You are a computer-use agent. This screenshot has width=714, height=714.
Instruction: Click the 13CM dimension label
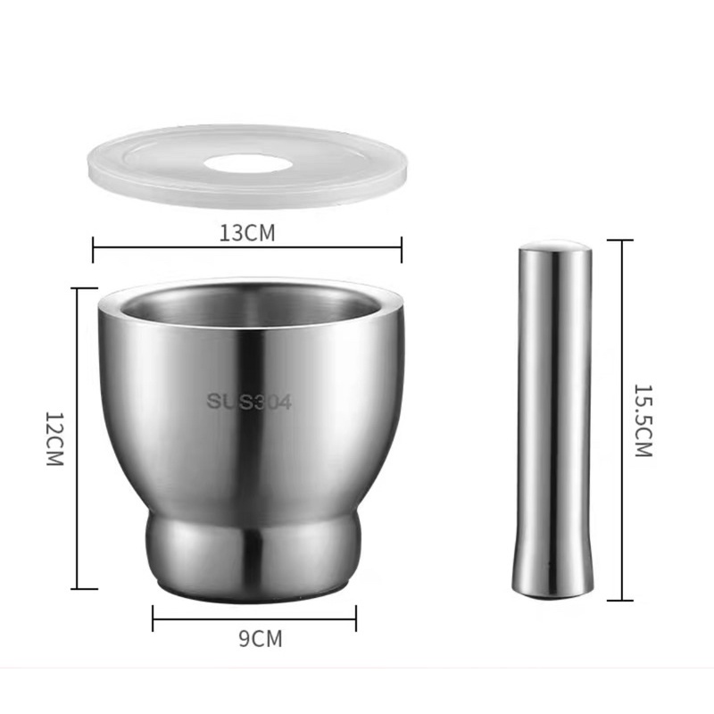point(247,233)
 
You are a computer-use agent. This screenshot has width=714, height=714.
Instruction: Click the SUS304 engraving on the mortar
point(249,402)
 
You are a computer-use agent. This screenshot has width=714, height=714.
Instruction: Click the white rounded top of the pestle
point(554,245)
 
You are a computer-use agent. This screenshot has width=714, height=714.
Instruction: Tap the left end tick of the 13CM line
point(93,249)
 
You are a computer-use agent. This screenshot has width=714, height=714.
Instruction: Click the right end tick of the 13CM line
point(402,249)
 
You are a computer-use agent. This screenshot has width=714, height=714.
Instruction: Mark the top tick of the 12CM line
point(84,288)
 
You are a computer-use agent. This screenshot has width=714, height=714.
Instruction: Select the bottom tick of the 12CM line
point(84,588)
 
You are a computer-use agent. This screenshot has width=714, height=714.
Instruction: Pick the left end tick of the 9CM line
point(153,618)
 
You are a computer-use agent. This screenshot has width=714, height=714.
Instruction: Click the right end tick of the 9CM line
point(356,618)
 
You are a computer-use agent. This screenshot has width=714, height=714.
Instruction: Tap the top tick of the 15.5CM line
point(619,240)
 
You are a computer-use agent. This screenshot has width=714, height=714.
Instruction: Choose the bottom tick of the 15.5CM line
point(619,600)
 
